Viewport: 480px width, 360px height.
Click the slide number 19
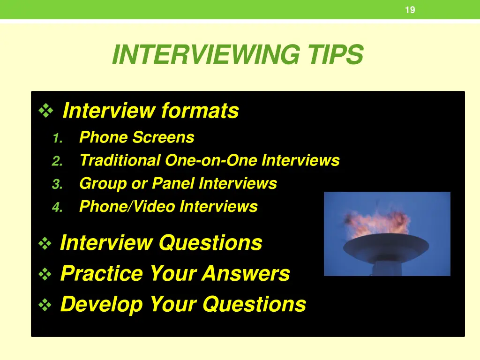(x=410, y=10)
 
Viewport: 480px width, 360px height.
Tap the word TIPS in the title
(x=335, y=55)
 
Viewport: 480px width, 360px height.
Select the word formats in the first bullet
(x=200, y=111)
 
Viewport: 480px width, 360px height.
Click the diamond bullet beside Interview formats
(x=46, y=112)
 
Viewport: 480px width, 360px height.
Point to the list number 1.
(x=57, y=138)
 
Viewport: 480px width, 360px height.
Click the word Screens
(x=163, y=137)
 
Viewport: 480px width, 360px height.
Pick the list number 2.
(x=57, y=162)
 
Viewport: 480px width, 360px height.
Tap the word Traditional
(x=120, y=160)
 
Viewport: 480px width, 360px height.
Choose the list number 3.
(x=57, y=185)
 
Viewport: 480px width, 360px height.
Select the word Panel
(x=173, y=183)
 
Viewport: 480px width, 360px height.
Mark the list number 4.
(x=57, y=208)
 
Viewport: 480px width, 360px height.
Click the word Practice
(x=101, y=273)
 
